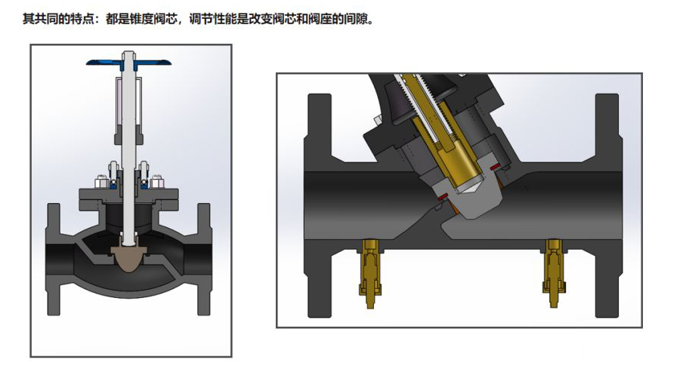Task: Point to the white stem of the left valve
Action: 129,151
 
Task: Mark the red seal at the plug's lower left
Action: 439,199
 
